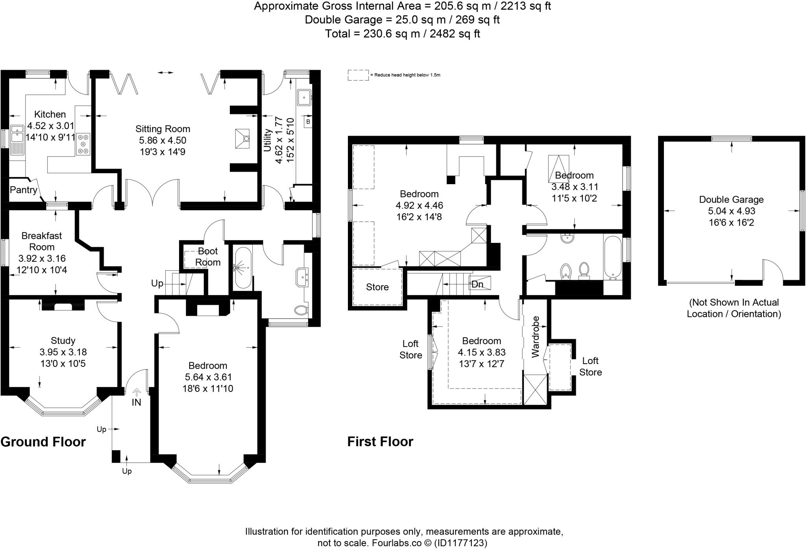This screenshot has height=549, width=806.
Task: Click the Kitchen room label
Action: coord(50,115)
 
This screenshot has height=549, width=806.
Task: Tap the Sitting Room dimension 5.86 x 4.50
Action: coord(163,140)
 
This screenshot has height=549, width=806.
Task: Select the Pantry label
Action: coord(23,190)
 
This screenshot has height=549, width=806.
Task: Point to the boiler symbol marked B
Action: coord(308,122)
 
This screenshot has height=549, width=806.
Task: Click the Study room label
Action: coord(63,341)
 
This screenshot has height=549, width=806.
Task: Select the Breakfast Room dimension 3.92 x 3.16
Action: coord(42,259)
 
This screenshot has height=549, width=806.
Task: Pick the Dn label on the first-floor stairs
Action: coord(477,284)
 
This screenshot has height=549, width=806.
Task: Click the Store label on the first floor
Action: coord(377,287)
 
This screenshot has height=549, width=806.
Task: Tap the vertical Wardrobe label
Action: coord(535,336)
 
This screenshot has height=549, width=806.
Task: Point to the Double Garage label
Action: coord(731,200)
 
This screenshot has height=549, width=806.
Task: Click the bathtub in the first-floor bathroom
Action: coord(612,257)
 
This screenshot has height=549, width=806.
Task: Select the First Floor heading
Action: coord(380,442)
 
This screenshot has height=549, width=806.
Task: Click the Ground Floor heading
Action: coord(43,442)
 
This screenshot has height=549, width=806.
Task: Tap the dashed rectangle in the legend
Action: coord(358,75)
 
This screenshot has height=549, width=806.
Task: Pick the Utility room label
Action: coord(268,140)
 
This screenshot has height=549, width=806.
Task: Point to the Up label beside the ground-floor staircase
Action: coord(157,283)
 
